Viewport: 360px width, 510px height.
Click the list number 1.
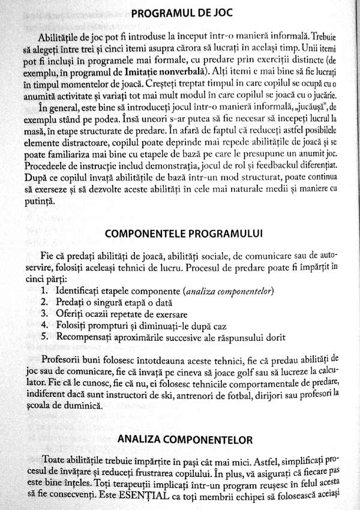click(x=44, y=292)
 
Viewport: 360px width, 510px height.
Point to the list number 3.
click(x=44, y=314)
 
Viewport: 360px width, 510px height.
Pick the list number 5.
click(x=44, y=336)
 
